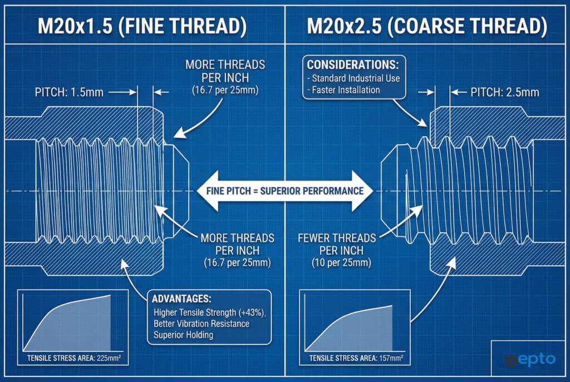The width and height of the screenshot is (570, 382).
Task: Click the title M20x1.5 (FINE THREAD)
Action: (142, 26)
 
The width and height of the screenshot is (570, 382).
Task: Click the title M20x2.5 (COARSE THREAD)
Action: (427, 26)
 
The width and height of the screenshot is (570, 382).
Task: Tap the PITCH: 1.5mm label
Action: (69, 92)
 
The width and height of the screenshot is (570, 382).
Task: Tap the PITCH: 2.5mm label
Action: (504, 92)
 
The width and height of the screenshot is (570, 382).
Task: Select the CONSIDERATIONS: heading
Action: (352, 65)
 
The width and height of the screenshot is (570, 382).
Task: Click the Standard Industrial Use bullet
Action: (353, 78)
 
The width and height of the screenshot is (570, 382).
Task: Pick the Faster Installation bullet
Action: (343, 90)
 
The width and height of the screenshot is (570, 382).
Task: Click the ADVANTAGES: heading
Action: (181, 299)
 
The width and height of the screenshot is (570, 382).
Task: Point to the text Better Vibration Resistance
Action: (202, 324)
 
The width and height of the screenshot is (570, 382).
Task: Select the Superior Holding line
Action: (183, 335)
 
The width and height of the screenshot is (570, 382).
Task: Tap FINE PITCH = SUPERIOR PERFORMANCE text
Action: (285, 191)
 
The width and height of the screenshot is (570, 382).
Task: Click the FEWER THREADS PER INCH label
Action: (337, 244)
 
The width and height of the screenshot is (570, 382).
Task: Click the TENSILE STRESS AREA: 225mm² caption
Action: (74, 358)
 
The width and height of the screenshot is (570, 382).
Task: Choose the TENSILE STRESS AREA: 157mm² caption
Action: (356, 358)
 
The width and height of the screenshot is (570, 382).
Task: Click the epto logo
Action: (530, 360)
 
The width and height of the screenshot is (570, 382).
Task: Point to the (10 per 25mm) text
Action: (341, 263)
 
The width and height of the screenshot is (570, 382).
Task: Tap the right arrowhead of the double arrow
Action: (362, 191)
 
